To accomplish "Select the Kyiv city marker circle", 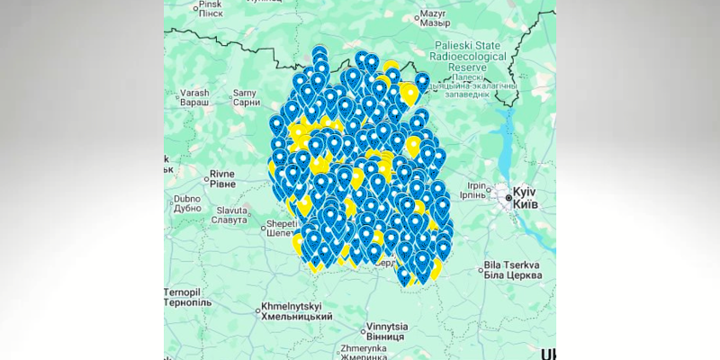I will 500,193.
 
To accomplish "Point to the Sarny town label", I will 245,92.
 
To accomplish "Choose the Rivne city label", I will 221,173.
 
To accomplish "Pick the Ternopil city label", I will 186,293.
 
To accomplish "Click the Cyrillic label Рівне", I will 221,184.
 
